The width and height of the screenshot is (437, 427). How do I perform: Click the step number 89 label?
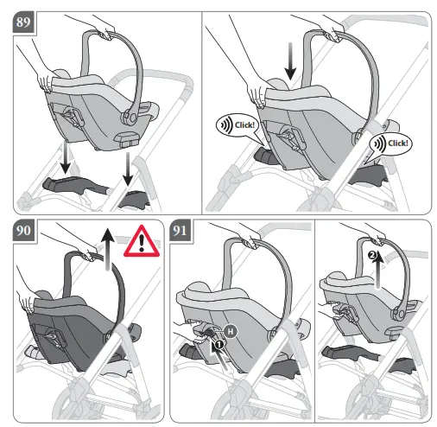pos(23,23)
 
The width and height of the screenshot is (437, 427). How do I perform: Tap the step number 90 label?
pos(23,231)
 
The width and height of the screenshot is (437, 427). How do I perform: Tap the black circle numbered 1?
pos(218,343)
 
